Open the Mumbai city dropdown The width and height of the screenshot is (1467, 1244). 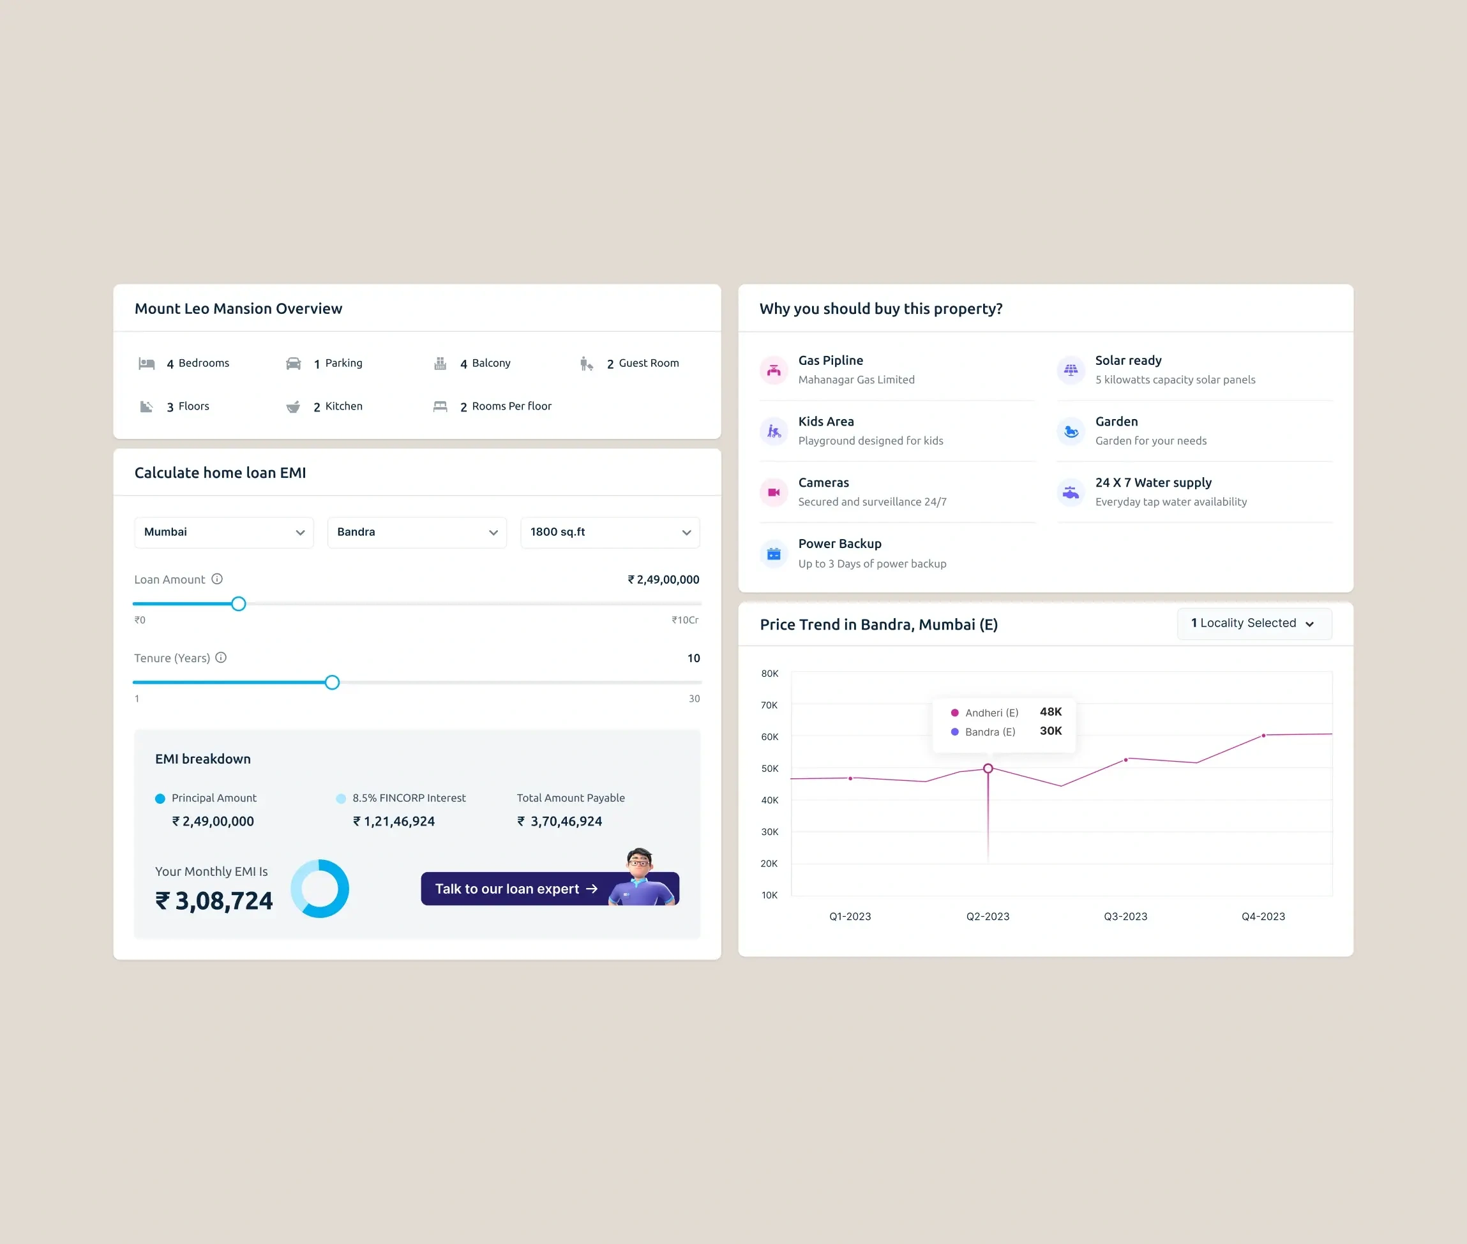[x=223, y=533]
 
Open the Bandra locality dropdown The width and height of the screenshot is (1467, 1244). [x=416, y=533]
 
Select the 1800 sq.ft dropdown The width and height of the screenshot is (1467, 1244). [x=610, y=533]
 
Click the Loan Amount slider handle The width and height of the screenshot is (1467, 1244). [x=239, y=603]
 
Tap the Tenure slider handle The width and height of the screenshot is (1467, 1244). [x=333, y=682]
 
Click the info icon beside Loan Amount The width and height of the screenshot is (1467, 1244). [x=217, y=579]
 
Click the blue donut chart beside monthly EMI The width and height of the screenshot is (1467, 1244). [x=320, y=888]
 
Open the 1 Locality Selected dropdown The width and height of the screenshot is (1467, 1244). [x=1254, y=623]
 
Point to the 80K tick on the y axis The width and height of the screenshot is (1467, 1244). [x=769, y=674]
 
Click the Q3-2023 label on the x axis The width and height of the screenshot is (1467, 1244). [x=1125, y=916]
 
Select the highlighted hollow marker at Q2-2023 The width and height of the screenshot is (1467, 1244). [x=988, y=768]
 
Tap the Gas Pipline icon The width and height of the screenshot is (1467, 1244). [x=773, y=369]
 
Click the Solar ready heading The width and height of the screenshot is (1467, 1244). [x=1127, y=360]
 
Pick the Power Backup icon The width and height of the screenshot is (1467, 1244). [x=773, y=554]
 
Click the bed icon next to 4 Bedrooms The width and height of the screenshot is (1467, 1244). [x=147, y=364]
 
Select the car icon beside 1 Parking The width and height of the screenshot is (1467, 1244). [x=294, y=364]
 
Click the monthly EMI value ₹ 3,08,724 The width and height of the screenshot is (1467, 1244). [x=214, y=901]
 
